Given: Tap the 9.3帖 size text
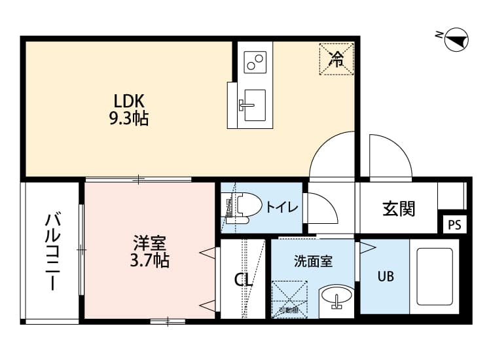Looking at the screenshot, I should pos(128,118).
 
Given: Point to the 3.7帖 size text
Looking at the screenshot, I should pos(149,261).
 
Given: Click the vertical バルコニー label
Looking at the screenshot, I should pos(52,251).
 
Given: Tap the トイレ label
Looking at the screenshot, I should pos(282,207).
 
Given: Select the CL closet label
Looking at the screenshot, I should pos(244,280).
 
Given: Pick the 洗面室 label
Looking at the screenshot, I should pos(312,261).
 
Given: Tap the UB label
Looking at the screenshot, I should pos(385,276).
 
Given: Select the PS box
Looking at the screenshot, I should pos(454,225).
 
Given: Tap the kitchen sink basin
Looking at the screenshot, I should pos(253,104).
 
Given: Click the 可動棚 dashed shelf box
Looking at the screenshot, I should pos(289,298).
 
